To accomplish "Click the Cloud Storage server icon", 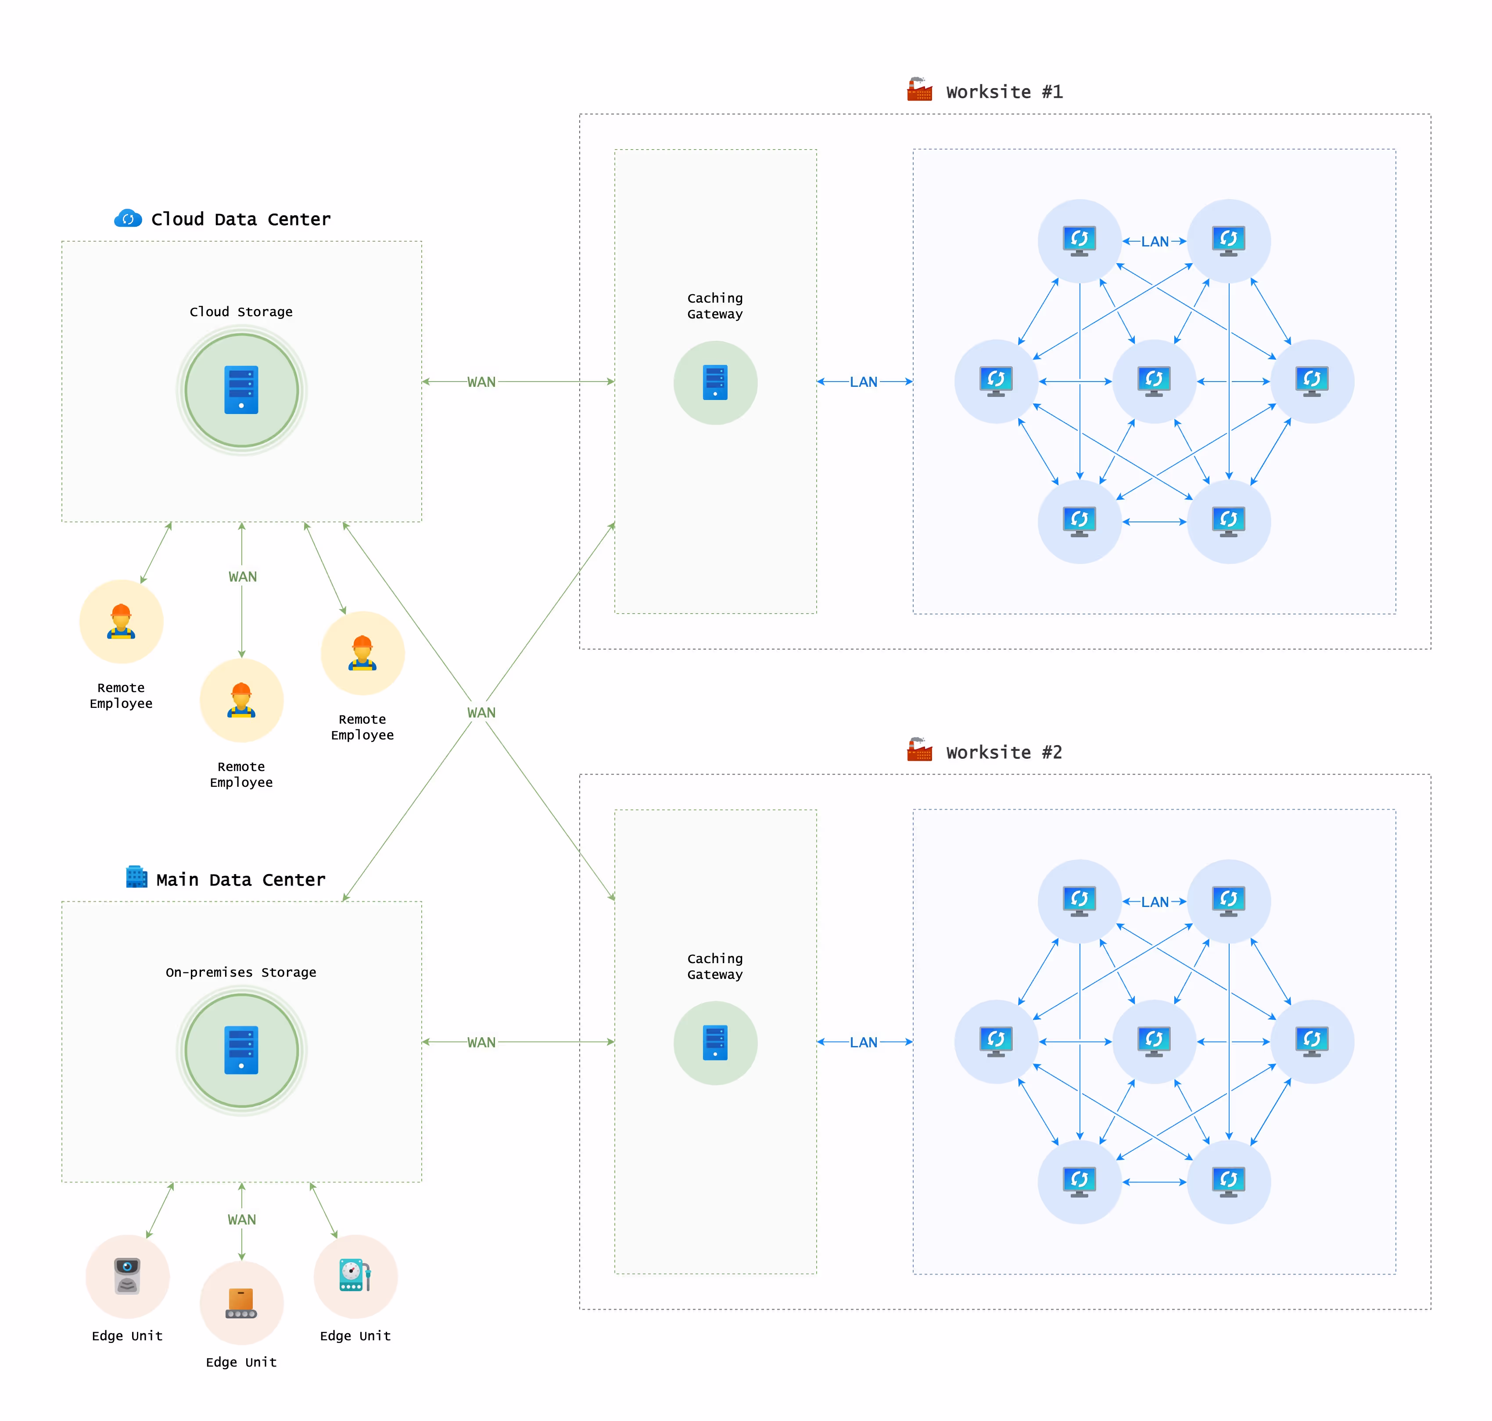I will tap(241, 390).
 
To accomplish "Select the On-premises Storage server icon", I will tap(241, 1050).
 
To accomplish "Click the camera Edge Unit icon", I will tap(127, 1276).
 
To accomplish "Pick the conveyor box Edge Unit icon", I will tap(241, 1303).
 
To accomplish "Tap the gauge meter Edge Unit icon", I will tap(355, 1276).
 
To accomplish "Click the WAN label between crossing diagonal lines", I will tap(481, 713).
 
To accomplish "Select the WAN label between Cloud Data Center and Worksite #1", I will tap(481, 382).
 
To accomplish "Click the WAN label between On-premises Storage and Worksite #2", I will tap(481, 1042).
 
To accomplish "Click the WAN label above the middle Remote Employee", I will tap(243, 576).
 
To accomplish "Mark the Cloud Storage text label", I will tap(241, 311).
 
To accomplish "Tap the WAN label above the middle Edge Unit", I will tap(242, 1220).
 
